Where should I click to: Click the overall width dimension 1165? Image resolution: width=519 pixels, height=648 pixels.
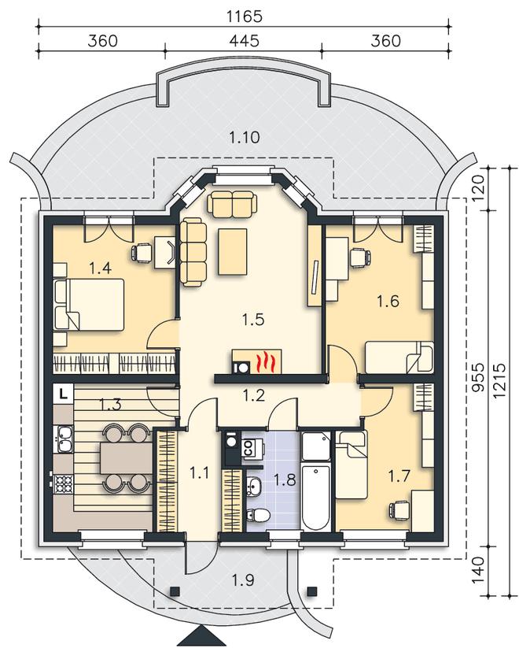pyautogui.click(x=245, y=17)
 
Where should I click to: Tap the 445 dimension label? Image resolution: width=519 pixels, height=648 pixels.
pyautogui.click(x=245, y=40)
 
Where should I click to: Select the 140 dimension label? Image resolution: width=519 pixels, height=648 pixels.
pyautogui.click(x=477, y=570)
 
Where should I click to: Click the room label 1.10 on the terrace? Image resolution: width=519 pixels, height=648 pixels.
pyautogui.click(x=245, y=137)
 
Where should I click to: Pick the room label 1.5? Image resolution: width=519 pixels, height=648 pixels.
pyautogui.click(x=252, y=319)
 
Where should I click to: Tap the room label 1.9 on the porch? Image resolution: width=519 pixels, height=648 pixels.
pyautogui.click(x=242, y=580)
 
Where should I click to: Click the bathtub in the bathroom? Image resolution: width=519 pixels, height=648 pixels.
pyautogui.click(x=316, y=497)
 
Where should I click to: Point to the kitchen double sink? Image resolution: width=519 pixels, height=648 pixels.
pyautogui.click(x=64, y=439)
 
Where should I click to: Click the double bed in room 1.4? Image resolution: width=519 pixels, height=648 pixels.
pyautogui.click(x=89, y=304)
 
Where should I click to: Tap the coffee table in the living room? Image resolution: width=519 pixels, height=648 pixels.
pyautogui.click(x=233, y=252)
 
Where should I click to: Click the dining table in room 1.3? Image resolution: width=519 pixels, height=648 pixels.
pyautogui.click(x=126, y=459)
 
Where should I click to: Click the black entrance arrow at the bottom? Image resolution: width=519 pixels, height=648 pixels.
pyautogui.click(x=201, y=642)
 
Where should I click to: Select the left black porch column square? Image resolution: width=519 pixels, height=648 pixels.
pyautogui.click(x=175, y=591)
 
